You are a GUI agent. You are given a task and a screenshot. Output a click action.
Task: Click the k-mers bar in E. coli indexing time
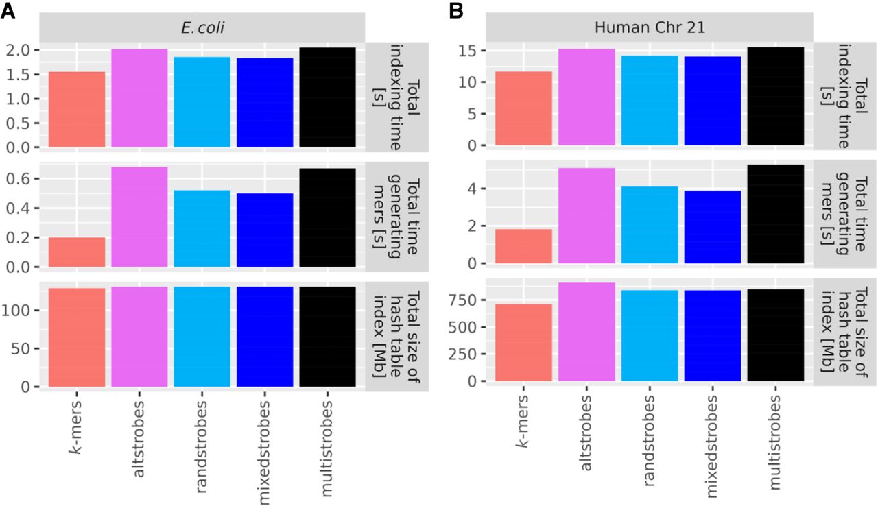(x=77, y=109)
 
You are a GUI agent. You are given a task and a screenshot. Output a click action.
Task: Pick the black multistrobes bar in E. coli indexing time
(x=328, y=97)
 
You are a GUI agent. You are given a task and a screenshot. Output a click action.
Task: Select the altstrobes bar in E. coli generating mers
(x=139, y=217)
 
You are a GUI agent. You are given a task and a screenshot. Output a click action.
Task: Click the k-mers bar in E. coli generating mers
(x=77, y=252)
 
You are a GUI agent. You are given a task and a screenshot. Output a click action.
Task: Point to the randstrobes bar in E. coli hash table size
(x=202, y=337)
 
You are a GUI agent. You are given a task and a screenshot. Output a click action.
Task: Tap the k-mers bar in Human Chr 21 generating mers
(x=524, y=246)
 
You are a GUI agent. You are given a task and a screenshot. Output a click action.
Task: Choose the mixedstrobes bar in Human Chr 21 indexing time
(x=712, y=101)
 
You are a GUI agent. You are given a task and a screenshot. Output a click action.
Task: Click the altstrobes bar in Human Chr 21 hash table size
(x=586, y=332)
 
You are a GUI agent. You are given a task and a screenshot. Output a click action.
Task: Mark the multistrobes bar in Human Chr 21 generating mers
(x=775, y=214)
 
